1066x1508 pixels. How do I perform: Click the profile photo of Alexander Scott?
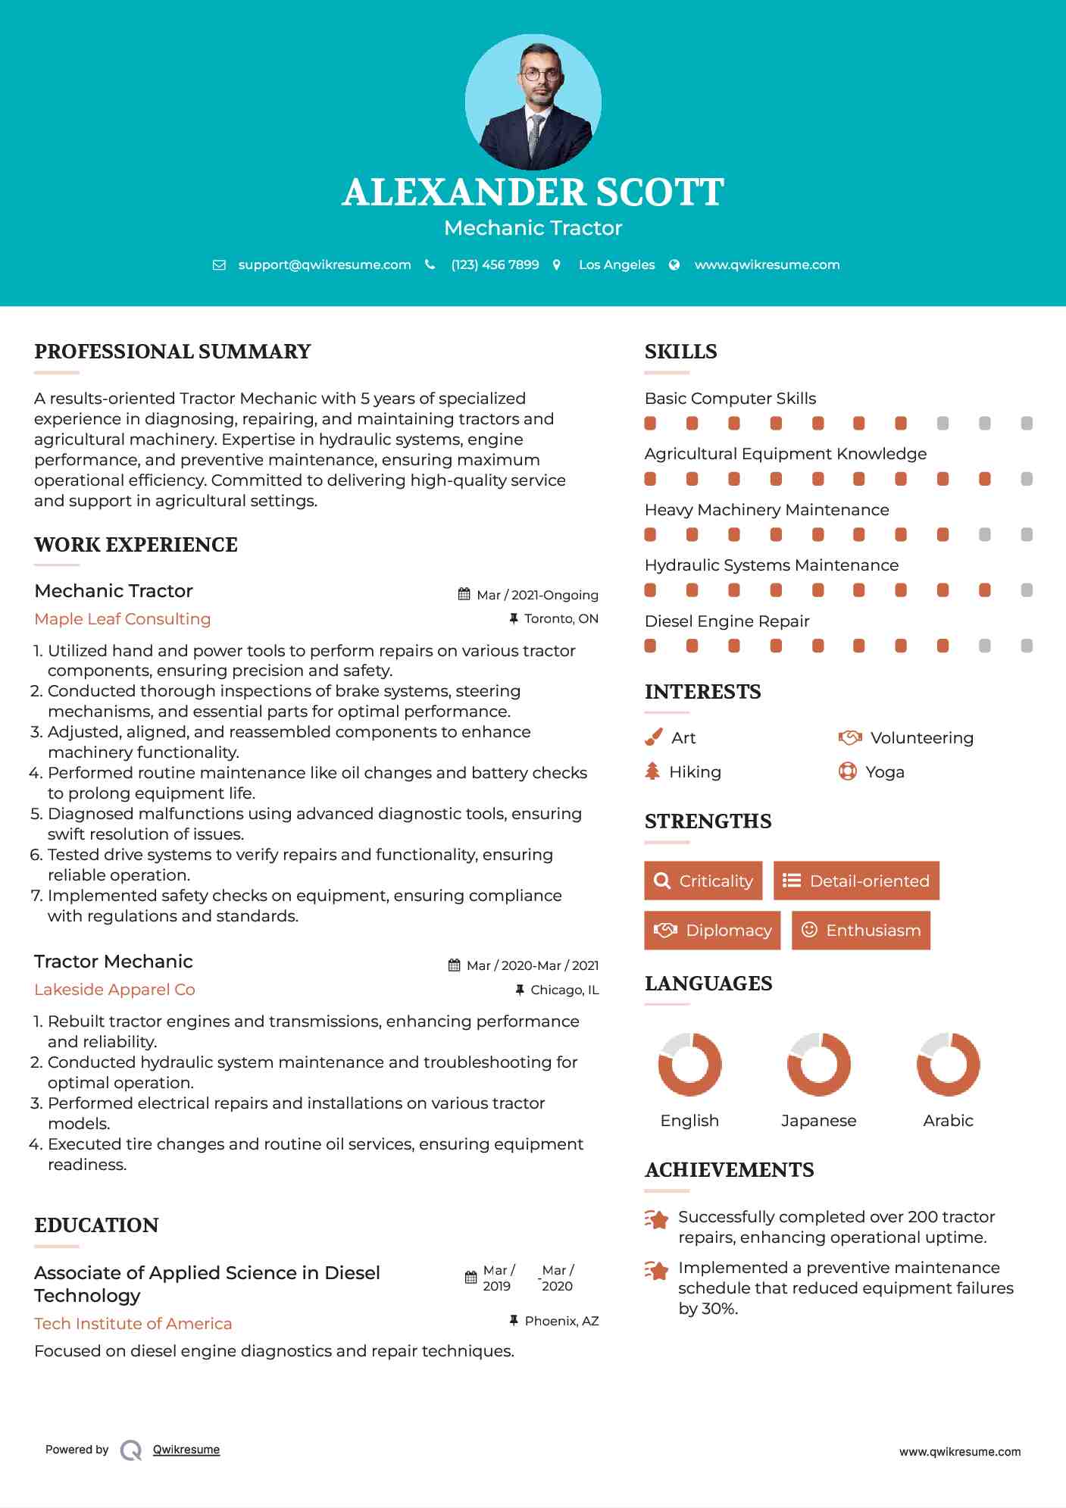(x=533, y=102)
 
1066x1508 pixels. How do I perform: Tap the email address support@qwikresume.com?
(x=324, y=264)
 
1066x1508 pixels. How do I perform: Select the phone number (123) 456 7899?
(x=495, y=264)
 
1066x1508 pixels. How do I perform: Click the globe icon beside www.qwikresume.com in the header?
(x=674, y=264)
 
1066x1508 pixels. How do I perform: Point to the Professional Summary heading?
(x=173, y=352)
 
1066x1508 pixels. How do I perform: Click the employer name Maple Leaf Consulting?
(x=123, y=618)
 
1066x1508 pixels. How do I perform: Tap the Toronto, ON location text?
(x=561, y=618)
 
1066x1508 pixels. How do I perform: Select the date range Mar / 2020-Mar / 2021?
(x=532, y=965)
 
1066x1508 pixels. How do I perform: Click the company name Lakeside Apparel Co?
(x=114, y=989)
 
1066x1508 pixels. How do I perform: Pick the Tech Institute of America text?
(x=133, y=1323)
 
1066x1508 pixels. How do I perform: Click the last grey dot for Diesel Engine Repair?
(x=1027, y=646)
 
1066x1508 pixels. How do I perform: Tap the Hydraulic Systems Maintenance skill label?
(x=771, y=565)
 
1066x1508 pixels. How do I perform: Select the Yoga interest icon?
(x=847, y=771)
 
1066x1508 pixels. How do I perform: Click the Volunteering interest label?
(x=921, y=737)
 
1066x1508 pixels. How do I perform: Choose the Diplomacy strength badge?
(x=712, y=930)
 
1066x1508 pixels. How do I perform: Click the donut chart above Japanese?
(x=819, y=1064)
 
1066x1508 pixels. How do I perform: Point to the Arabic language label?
(x=948, y=1120)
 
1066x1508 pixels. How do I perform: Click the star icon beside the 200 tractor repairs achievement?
(x=656, y=1219)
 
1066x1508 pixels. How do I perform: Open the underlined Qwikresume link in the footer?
(x=186, y=1449)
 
